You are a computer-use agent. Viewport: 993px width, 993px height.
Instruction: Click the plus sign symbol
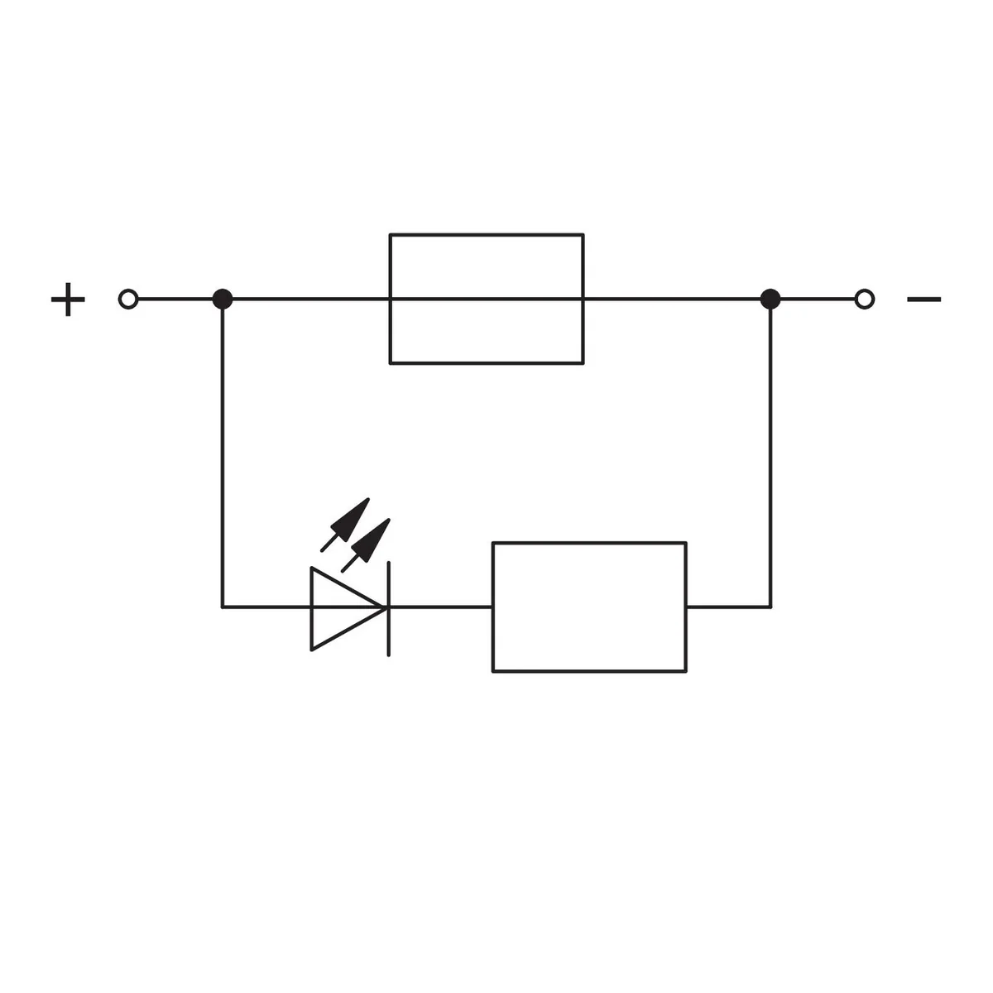68,299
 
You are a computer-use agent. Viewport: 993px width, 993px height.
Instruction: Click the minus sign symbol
924,299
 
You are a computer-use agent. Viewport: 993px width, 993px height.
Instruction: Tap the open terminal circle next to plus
128,299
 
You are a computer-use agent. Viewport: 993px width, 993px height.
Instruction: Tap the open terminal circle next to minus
864,299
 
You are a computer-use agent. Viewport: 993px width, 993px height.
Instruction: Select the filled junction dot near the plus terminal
223,299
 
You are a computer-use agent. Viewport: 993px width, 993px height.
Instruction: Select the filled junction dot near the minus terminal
770,299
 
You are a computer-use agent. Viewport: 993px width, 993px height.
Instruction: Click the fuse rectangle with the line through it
487,299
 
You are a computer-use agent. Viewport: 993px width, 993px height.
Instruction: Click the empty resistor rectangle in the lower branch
589,607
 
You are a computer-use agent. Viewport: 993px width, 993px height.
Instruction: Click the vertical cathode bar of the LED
389,609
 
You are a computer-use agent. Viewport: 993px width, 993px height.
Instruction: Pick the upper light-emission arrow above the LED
345,525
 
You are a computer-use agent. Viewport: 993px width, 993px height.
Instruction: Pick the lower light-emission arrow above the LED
366,545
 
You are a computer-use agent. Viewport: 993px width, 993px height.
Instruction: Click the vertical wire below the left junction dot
223,458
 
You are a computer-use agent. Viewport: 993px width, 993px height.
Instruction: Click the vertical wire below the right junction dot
770,458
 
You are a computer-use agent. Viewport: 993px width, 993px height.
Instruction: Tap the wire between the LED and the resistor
440,607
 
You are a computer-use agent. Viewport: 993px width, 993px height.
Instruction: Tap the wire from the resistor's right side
729,607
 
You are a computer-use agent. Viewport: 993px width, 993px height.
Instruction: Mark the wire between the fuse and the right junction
672,299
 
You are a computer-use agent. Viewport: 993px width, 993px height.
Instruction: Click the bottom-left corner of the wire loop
223,607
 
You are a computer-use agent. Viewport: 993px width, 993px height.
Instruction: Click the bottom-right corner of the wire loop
770,607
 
